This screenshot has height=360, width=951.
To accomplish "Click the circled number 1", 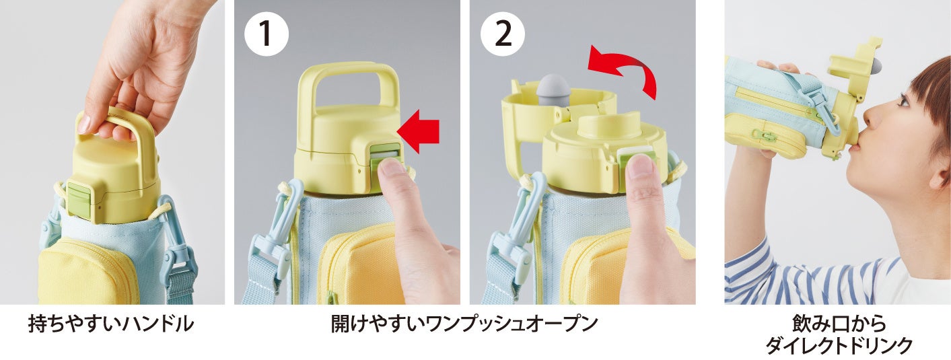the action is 267,34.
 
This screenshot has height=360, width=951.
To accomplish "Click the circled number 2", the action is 503,34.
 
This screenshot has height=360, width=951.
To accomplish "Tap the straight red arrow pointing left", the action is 419,131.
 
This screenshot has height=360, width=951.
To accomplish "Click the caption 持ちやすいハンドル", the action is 110,324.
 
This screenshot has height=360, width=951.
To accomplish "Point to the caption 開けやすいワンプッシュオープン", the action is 464,324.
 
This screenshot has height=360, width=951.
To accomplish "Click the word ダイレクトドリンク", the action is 839,346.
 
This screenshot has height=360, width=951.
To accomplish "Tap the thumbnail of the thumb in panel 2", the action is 640,166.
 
